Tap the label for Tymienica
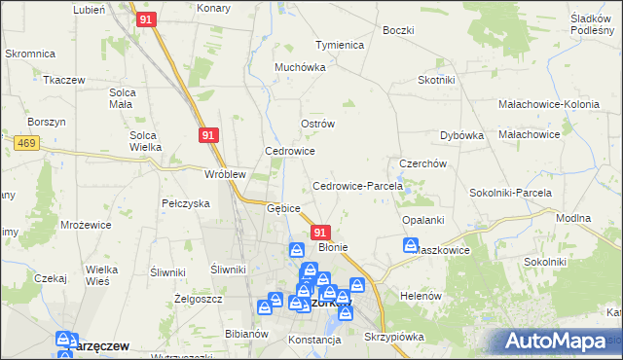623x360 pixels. point(339,45)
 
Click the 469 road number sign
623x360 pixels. point(26,142)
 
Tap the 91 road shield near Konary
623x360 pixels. point(147,18)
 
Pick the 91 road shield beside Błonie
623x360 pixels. point(321,232)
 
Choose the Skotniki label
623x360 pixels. point(438,80)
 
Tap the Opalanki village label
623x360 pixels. point(423,220)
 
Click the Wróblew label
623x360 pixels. point(224,174)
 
